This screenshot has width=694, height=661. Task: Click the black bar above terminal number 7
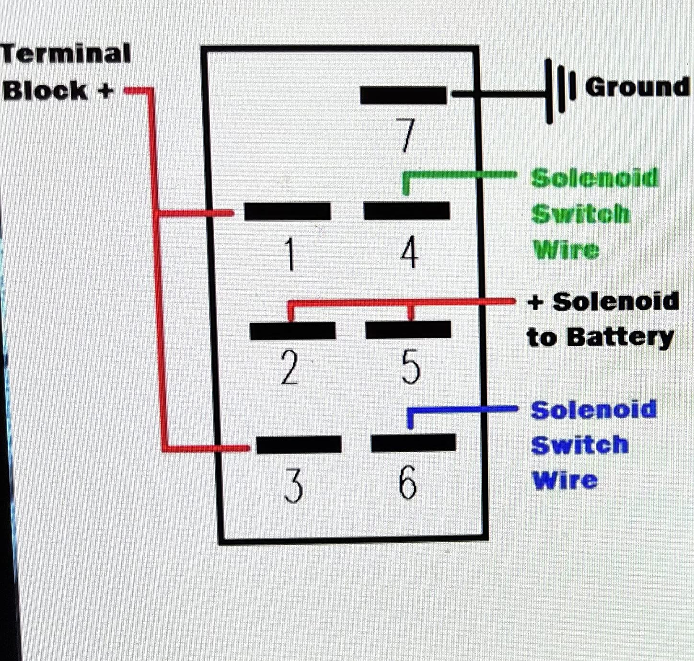(x=403, y=95)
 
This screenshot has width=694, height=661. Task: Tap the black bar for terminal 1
(x=288, y=211)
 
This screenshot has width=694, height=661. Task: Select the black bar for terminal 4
(x=406, y=211)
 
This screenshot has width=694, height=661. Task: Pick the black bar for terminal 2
(x=293, y=330)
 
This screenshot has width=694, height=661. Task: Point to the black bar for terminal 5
(x=408, y=330)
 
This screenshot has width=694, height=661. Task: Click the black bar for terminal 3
(x=299, y=444)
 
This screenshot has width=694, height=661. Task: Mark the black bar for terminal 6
(x=413, y=443)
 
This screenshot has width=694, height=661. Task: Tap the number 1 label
(x=290, y=254)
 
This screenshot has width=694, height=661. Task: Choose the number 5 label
(x=411, y=367)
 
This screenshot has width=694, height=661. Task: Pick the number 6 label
(x=408, y=482)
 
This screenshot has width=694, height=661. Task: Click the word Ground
(x=637, y=87)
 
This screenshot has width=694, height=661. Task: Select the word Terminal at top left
(x=66, y=54)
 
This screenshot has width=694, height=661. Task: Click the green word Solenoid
(x=595, y=178)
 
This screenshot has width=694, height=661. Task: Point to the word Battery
(x=621, y=337)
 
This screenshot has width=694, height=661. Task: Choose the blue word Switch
(x=579, y=444)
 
